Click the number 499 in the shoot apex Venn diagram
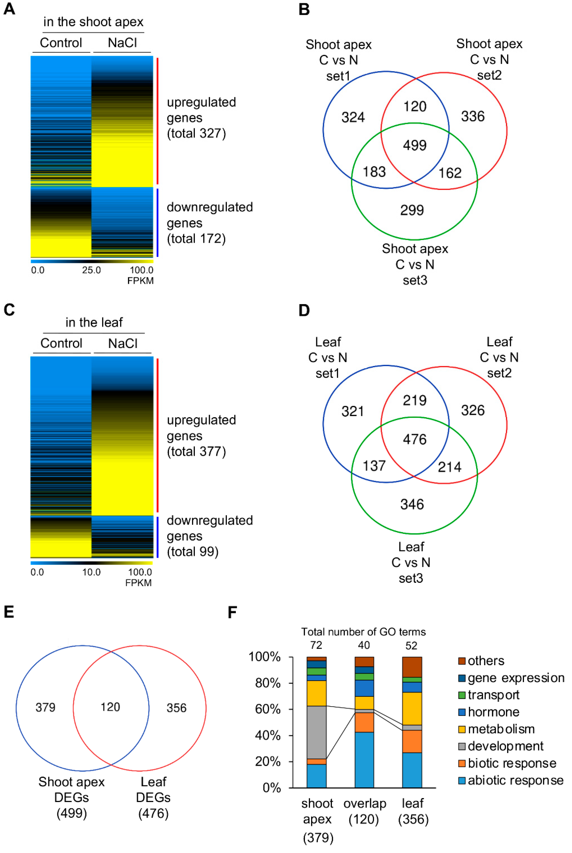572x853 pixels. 415,145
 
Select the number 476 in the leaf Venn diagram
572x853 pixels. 415,439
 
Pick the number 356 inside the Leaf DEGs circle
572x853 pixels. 177,708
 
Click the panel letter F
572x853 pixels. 232,612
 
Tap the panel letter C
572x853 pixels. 9,310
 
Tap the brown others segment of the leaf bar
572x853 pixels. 412,667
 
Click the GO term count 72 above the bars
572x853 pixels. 316,646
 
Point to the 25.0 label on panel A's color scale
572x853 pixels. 91,270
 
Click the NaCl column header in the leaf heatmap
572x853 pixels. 123,343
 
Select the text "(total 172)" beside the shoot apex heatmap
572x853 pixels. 196,239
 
